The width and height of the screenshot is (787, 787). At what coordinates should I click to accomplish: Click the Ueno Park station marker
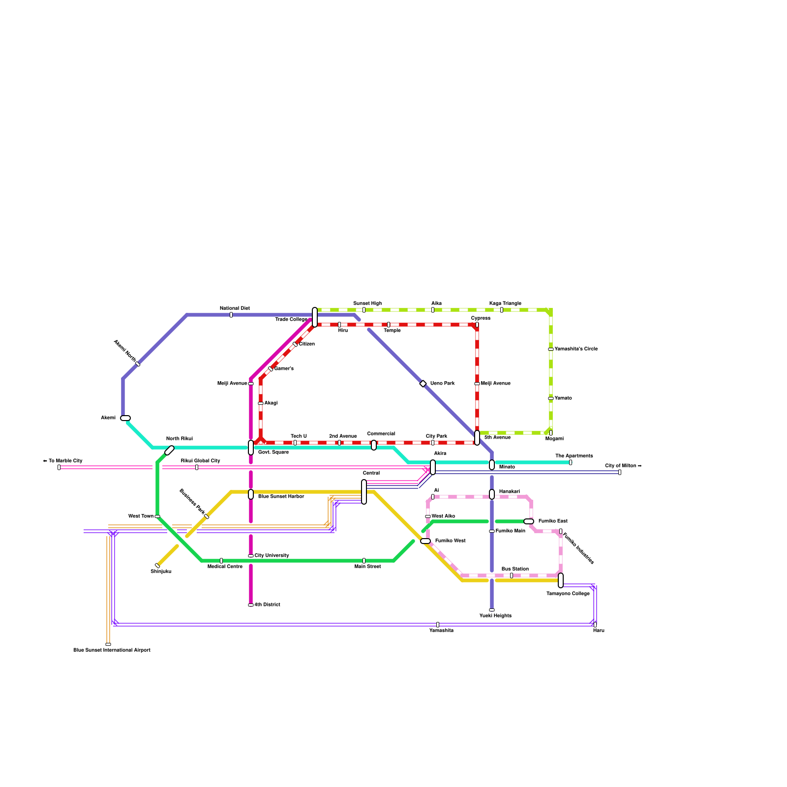tap(423, 384)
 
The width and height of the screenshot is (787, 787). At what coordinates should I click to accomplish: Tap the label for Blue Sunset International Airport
tap(112, 650)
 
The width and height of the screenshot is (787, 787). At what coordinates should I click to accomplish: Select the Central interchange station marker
tap(364, 491)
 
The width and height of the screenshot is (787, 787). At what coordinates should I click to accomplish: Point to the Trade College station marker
tap(315, 317)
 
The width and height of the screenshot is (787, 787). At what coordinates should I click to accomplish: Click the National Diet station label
tap(235, 308)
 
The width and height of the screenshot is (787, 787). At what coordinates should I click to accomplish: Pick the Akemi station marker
tap(125, 418)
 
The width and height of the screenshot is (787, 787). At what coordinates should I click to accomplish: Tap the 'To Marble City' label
tap(62, 461)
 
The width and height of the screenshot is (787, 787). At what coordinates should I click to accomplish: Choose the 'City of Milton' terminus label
tap(623, 466)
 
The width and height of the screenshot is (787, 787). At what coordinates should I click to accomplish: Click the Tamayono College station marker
tap(561, 580)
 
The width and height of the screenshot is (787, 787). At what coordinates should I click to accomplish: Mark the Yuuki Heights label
tap(495, 616)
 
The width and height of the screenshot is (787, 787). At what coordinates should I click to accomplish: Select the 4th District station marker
tap(251, 605)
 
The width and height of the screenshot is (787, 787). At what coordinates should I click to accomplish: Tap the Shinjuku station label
tap(161, 572)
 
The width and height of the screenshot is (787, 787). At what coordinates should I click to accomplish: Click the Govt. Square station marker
tap(251, 448)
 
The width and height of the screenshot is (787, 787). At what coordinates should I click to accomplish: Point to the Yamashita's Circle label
tap(576, 349)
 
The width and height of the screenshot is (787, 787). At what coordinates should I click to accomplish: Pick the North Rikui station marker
tap(169, 450)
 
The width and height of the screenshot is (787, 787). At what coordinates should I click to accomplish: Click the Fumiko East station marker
tap(529, 521)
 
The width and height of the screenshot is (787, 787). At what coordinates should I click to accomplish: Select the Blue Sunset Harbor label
tap(281, 497)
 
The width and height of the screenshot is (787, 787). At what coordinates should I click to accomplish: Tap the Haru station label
tap(599, 631)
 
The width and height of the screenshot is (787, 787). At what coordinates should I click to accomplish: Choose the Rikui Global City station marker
tap(197, 467)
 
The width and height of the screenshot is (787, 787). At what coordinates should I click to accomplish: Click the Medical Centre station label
tap(225, 567)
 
